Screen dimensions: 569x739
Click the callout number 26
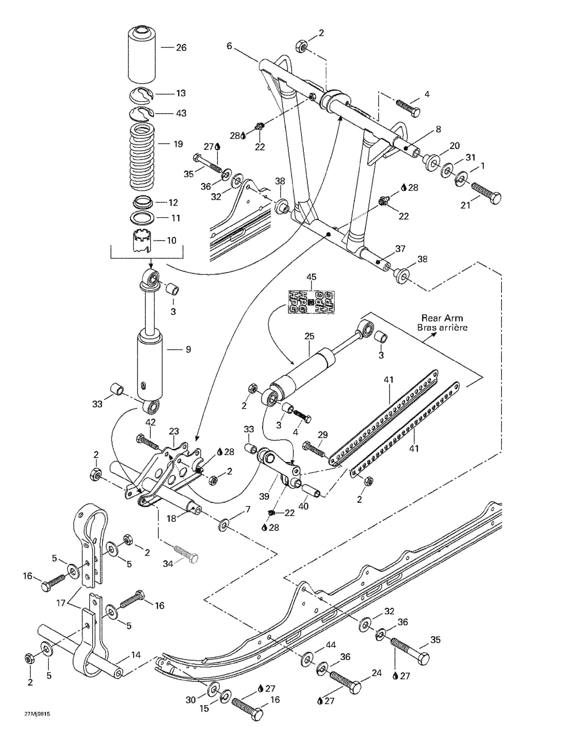point(181,48)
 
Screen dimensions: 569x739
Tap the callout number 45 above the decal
point(311,277)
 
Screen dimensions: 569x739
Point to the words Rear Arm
point(442,318)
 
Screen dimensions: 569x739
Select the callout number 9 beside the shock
point(188,349)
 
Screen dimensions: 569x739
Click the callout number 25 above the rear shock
point(309,336)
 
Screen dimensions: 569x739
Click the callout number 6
point(229,46)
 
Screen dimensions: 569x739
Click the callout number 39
point(264,496)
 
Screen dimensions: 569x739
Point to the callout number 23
point(174,431)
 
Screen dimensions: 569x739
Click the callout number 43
point(181,113)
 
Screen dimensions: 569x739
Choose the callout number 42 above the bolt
point(150,422)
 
